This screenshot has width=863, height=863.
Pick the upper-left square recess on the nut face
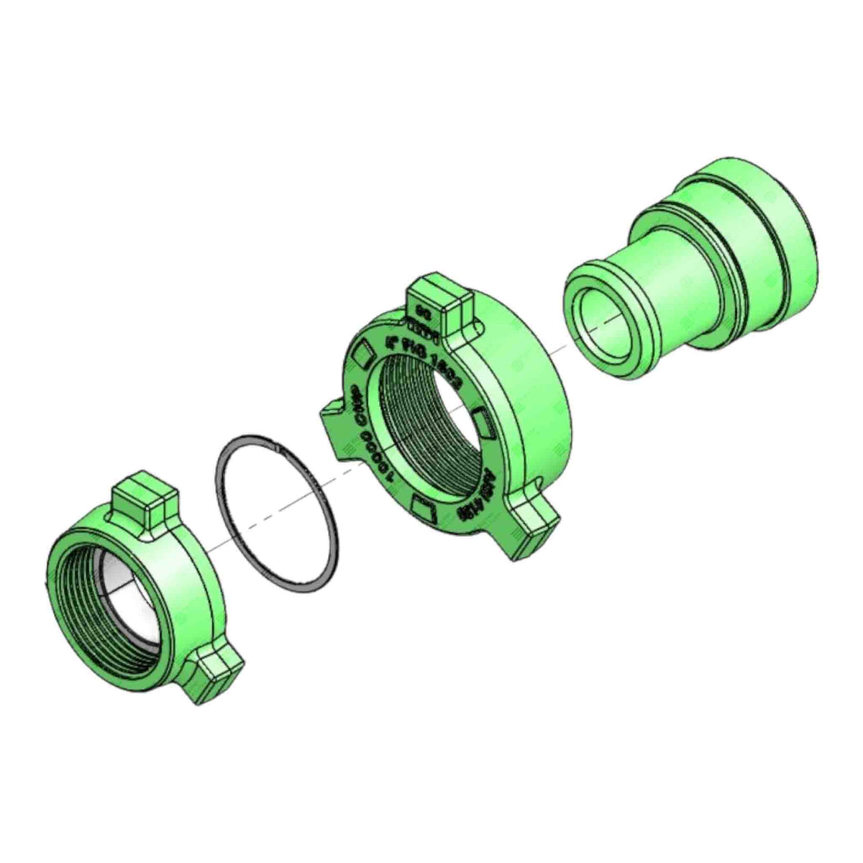362,353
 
